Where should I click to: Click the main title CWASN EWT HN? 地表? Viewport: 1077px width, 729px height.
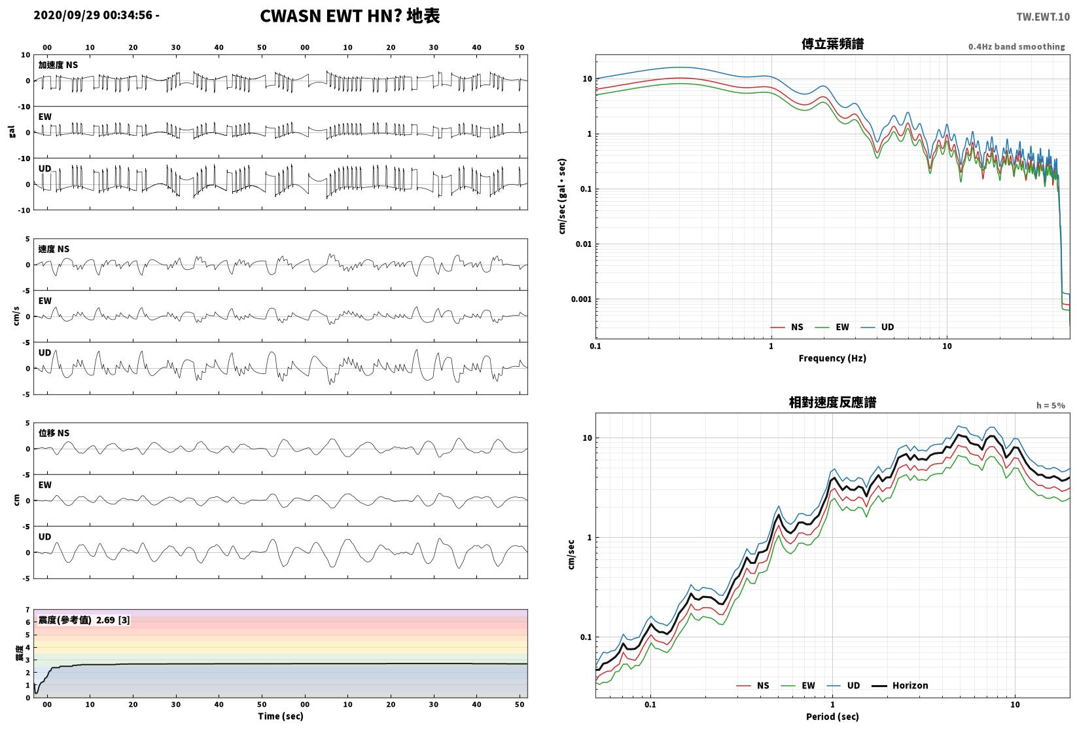349,16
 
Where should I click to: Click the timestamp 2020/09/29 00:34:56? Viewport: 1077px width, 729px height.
93,15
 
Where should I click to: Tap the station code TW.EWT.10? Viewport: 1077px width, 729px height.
1043,17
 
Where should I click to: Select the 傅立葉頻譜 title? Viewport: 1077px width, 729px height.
832,44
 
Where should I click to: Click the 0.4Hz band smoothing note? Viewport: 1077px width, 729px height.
1016,47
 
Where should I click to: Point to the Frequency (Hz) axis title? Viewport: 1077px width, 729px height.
832,358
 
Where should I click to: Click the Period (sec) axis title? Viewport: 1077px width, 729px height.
832,717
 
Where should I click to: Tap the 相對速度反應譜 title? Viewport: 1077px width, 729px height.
832,402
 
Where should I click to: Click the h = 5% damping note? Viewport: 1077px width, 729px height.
1051,405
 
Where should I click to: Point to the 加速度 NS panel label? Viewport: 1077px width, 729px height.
58,65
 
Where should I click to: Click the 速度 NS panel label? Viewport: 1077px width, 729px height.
54,249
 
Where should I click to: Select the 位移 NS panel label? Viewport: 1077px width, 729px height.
54,432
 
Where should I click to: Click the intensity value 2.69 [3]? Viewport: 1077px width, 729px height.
113,620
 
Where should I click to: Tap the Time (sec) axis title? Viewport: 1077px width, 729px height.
281,716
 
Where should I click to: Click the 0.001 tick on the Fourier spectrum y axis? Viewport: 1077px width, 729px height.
581,299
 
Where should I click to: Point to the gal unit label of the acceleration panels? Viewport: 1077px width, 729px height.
12,132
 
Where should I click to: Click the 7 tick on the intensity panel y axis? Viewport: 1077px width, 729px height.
28,610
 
